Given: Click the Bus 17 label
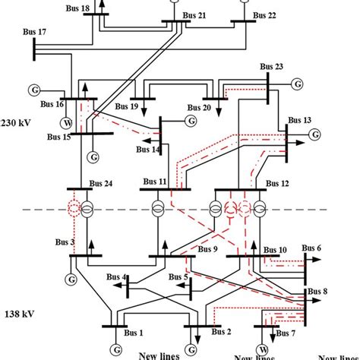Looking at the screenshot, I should pyautogui.click(x=31, y=32).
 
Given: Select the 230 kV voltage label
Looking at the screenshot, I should pyautogui.click(x=15, y=122).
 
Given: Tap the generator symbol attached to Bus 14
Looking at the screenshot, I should pyautogui.click(x=190, y=120).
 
